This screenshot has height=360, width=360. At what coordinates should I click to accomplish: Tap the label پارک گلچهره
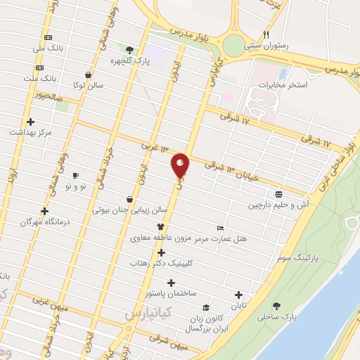(x=130, y=60)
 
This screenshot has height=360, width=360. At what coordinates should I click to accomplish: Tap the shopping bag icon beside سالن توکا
(x=86, y=75)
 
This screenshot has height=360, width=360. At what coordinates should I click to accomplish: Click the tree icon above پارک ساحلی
(x=276, y=306)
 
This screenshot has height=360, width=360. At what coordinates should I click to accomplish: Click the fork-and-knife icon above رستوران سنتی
(x=266, y=34)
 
